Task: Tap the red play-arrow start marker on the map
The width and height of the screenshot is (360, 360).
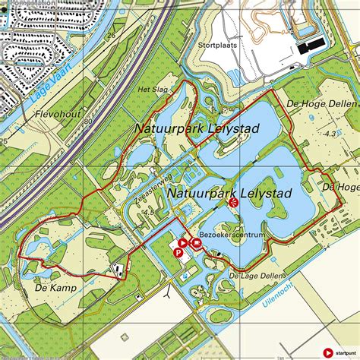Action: [x=183, y=243]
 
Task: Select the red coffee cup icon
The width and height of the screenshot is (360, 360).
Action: [x=197, y=244]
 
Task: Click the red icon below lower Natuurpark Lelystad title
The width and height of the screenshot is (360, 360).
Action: [x=235, y=202]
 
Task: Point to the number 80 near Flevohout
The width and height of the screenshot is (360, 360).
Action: [x=88, y=121]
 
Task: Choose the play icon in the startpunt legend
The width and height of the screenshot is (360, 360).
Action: [x=327, y=352]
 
